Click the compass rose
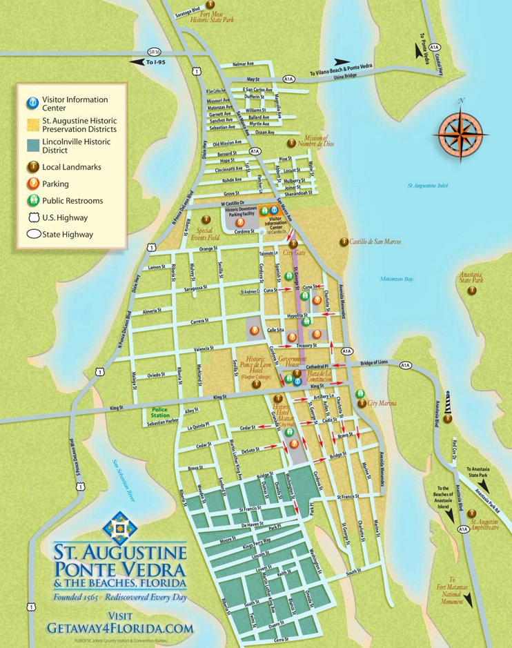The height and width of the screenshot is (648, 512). click(x=462, y=132)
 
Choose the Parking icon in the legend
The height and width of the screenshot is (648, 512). click(x=32, y=184)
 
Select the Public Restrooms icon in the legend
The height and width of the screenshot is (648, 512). click(x=32, y=201)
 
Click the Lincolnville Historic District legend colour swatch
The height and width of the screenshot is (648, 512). click(x=32, y=146)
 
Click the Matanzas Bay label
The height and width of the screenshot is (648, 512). click(x=396, y=279)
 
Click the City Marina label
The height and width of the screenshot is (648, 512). click(x=382, y=403)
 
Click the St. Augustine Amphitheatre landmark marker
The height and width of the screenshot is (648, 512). click(x=472, y=513)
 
